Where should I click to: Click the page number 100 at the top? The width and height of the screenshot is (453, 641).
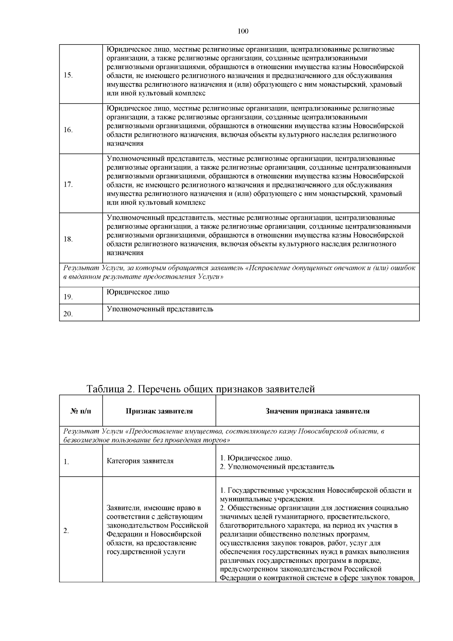(243, 31)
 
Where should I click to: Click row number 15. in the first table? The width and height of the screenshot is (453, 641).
(68, 75)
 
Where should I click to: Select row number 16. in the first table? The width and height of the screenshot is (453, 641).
(68, 130)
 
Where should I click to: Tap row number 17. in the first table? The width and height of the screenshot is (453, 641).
(68, 185)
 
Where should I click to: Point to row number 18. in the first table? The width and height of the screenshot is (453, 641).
(68, 239)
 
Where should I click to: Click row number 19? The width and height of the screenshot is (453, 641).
(68, 297)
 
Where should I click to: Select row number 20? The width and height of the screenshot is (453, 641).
(68, 314)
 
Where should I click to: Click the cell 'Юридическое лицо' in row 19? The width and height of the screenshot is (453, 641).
(138, 292)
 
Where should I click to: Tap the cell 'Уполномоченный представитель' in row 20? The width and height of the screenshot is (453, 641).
(160, 309)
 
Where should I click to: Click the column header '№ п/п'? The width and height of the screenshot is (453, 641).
(81, 411)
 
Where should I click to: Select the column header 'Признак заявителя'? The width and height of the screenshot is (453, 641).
(159, 411)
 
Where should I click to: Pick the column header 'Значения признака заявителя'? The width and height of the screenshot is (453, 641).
(317, 411)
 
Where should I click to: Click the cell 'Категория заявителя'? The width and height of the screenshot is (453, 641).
(140, 461)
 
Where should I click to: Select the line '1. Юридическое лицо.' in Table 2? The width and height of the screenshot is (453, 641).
(256, 458)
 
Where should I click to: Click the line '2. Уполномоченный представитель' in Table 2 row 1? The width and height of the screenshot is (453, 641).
(277, 467)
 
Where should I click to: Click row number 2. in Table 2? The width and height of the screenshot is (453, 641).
(66, 531)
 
